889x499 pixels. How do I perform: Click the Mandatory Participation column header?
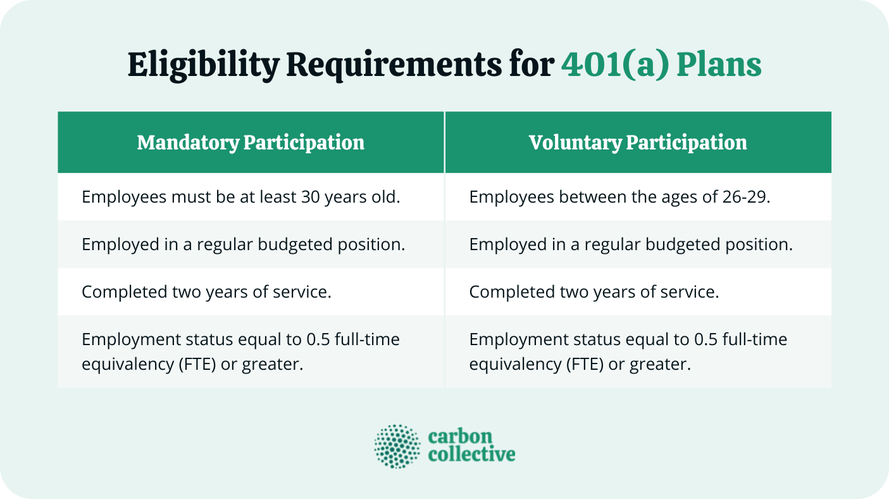251,142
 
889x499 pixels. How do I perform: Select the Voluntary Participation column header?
638,142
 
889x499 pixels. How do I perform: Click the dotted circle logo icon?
397,447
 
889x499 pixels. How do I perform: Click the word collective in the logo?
471,455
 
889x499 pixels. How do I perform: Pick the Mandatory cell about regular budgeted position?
243,244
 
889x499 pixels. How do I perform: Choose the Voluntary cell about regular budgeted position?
631,244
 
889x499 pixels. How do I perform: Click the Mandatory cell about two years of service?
206,292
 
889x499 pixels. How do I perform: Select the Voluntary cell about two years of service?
594,292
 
